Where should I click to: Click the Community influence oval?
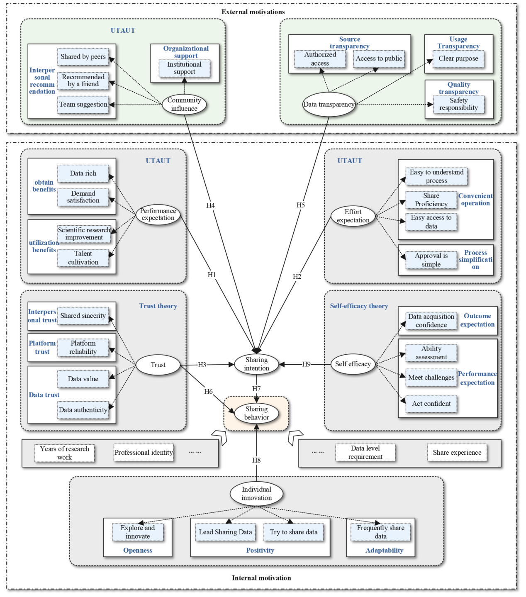(184, 104)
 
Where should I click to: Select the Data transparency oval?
(329, 105)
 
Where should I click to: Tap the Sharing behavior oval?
(256, 413)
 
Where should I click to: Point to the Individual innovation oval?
(256, 494)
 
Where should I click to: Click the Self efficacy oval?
(353, 364)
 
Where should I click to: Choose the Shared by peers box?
(83, 57)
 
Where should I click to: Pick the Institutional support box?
(184, 68)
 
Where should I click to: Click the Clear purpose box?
(458, 58)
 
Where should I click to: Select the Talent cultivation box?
(83, 258)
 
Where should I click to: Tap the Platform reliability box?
(83, 347)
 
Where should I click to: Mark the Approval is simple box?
(431, 260)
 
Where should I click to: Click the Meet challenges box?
(431, 378)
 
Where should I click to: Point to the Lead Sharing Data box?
(225, 532)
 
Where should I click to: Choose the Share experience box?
(457, 453)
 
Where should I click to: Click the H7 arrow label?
(256, 389)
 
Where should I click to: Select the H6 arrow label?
(208, 391)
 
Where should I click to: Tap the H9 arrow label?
(306, 364)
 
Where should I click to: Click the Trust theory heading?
(158, 306)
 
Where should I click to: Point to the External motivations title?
(253, 12)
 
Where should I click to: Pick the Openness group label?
(138, 551)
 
